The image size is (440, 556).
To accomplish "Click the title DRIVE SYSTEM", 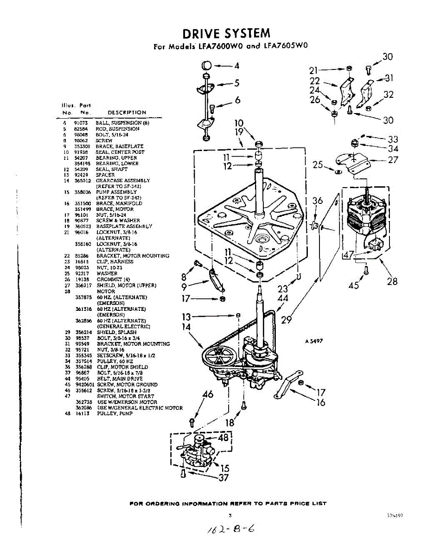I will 226,33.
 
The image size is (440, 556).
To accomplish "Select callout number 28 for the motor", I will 392,281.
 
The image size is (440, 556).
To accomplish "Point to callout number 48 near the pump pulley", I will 223,437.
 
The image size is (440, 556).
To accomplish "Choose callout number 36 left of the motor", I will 317,201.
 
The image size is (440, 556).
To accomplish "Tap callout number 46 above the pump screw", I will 208,395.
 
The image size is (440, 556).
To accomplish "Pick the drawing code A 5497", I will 313,341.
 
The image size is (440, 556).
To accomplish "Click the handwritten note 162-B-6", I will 232,529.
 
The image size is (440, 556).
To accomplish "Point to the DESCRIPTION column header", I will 127,113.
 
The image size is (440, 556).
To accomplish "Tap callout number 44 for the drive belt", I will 282,299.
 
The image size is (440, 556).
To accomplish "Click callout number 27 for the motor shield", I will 393,160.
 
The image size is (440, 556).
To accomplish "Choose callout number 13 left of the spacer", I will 186,317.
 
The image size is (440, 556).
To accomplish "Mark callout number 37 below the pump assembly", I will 223,477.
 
